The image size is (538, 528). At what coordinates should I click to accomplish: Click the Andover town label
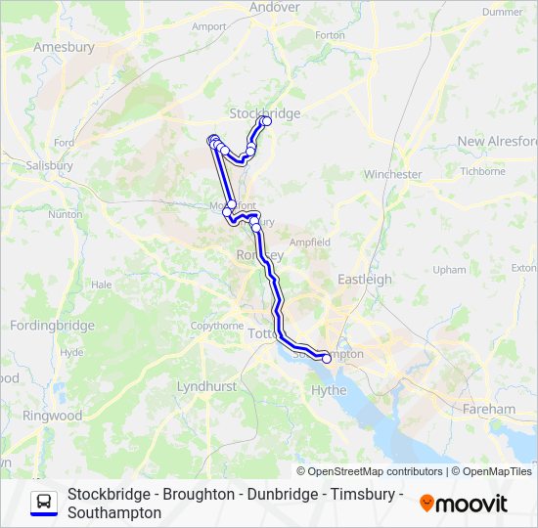click(275, 7)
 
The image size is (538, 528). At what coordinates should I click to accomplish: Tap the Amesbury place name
click(64, 47)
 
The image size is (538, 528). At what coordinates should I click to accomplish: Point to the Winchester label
click(392, 175)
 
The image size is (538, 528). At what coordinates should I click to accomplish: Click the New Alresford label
click(498, 141)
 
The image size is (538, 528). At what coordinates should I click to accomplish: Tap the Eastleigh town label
click(365, 280)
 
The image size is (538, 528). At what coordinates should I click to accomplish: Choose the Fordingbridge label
click(52, 326)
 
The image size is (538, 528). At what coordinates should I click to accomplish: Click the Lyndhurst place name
click(206, 387)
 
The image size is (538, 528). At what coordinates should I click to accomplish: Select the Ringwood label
click(52, 416)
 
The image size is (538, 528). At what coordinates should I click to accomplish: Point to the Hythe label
click(329, 390)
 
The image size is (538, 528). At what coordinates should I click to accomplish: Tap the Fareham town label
click(489, 409)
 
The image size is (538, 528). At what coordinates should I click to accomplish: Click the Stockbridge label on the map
click(264, 113)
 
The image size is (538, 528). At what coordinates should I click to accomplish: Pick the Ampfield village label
click(309, 242)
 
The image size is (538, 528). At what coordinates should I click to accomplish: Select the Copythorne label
click(216, 326)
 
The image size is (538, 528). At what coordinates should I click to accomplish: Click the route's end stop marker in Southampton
click(327, 359)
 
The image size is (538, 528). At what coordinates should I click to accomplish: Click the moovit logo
click(464, 504)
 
